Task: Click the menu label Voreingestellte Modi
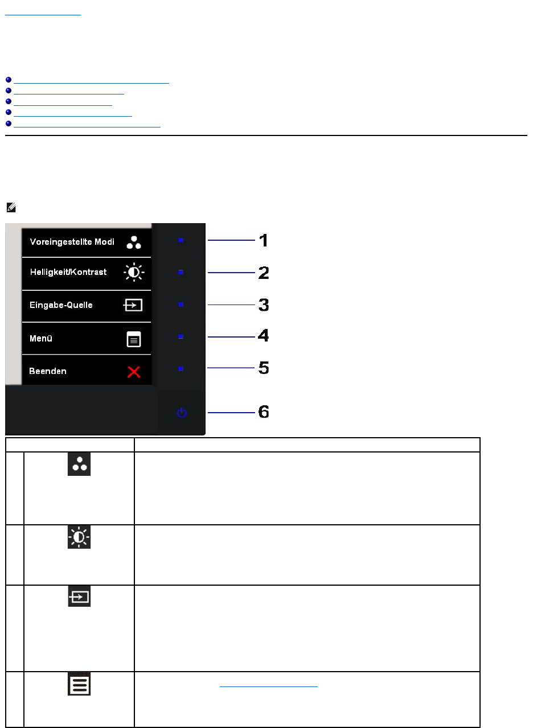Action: click(x=72, y=241)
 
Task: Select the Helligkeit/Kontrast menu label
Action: click(x=68, y=272)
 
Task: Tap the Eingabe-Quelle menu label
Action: click(x=61, y=305)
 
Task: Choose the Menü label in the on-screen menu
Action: click(x=41, y=339)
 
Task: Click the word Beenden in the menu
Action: click(x=48, y=371)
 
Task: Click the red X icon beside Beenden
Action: click(x=134, y=372)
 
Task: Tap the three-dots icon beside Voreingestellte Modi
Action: click(x=134, y=242)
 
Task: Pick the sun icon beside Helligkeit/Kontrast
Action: click(x=134, y=273)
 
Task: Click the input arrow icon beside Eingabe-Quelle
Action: click(x=134, y=306)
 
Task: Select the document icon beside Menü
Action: click(x=134, y=340)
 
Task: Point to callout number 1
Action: click(x=264, y=241)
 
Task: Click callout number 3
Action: click(x=264, y=305)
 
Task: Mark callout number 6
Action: click(x=264, y=412)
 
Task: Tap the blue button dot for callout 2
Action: click(x=181, y=273)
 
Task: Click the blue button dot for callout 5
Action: click(x=181, y=369)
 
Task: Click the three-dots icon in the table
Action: click(x=79, y=464)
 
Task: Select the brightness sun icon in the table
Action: click(x=79, y=537)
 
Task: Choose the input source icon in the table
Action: click(x=79, y=597)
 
